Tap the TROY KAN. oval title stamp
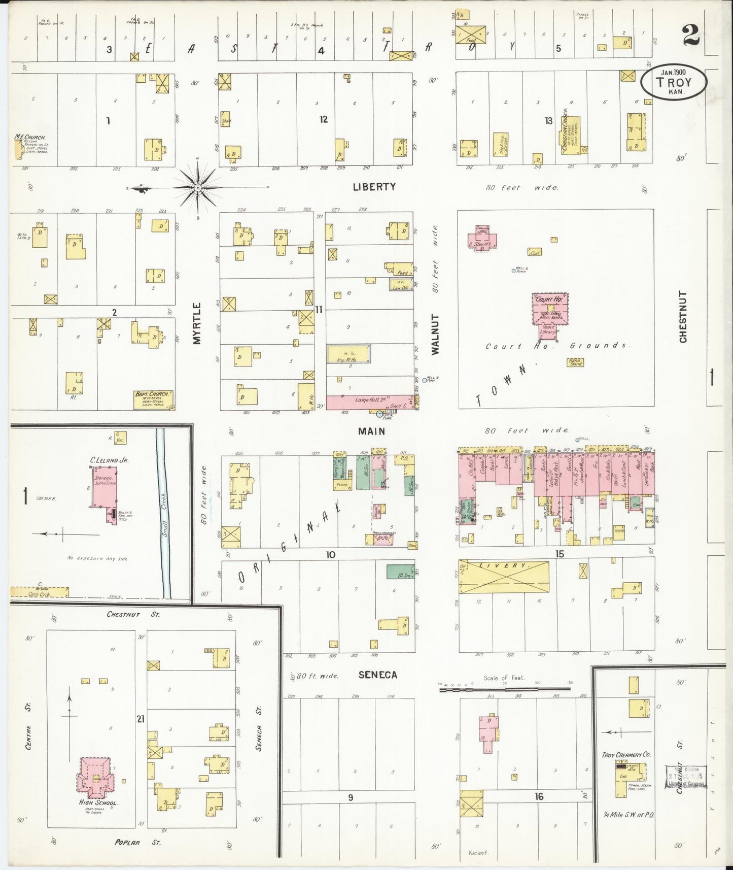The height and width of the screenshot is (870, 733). pyautogui.click(x=673, y=83)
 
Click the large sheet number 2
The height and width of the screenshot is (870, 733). pyautogui.click(x=691, y=36)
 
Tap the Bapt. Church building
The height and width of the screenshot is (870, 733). pyautogui.click(x=153, y=399)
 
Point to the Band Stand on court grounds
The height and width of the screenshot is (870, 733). pyautogui.click(x=575, y=362)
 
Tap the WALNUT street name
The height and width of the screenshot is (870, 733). pyautogui.click(x=435, y=334)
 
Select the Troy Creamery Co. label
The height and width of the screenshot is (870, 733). pyautogui.click(x=625, y=755)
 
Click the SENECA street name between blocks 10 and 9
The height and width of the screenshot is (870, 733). pyautogui.click(x=378, y=675)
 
